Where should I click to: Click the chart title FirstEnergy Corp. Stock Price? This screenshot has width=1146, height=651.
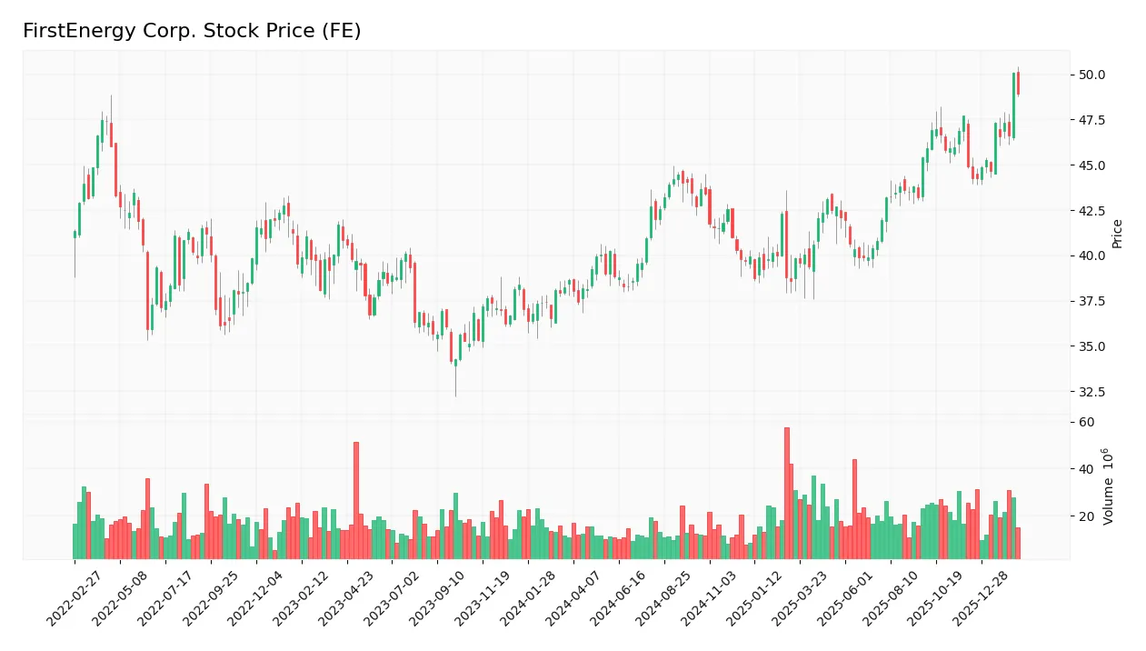tap(192, 31)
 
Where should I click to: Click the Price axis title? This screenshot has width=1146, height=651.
tap(1118, 234)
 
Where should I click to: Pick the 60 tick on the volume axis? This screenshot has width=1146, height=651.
tap(1087, 422)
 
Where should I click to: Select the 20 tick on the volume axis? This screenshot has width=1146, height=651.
tap(1087, 516)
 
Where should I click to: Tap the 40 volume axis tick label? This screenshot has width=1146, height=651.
tap(1087, 469)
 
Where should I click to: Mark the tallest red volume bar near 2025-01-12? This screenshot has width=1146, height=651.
tap(787, 493)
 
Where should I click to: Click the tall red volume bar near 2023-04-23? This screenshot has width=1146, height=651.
tap(356, 500)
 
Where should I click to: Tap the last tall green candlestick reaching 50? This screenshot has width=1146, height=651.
tap(1013, 105)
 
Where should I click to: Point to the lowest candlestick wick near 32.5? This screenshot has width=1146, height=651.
tap(455, 382)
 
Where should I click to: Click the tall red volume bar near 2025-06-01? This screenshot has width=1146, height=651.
tap(854, 508)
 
